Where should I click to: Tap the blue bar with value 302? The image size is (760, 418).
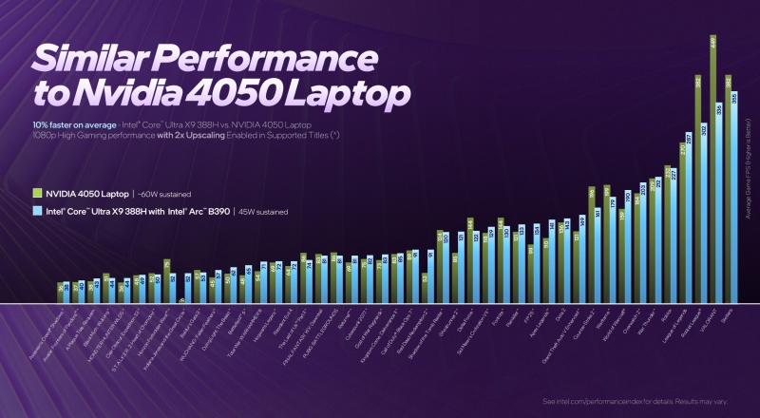[x=704, y=213]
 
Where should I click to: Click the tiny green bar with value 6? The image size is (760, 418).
[x=180, y=301]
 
